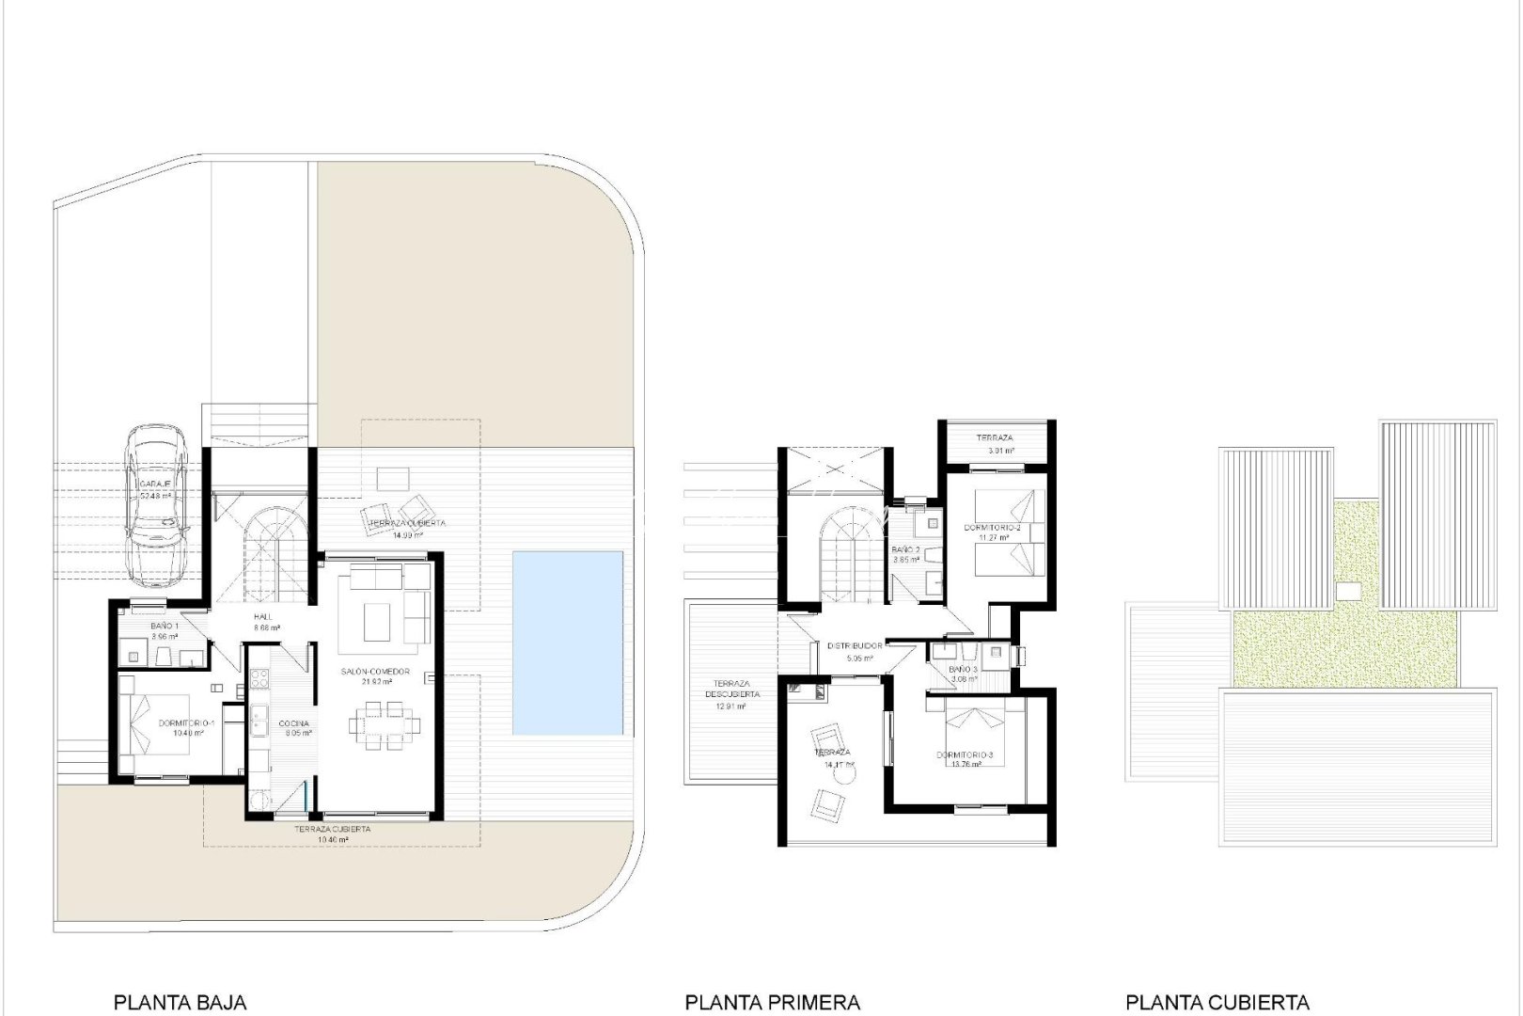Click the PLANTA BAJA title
[x=180, y=1002]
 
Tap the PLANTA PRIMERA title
[x=772, y=1002]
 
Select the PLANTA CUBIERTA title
[x=1217, y=1002]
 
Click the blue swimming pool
[x=568, y=643]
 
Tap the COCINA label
[x=293, y=723]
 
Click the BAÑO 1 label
[x=165, y=626]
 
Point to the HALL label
[x=262, y=617]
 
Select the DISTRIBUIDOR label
[x=855, y=646]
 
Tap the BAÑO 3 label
[x=963, y=670]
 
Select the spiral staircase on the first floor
[x=848, y=550]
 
